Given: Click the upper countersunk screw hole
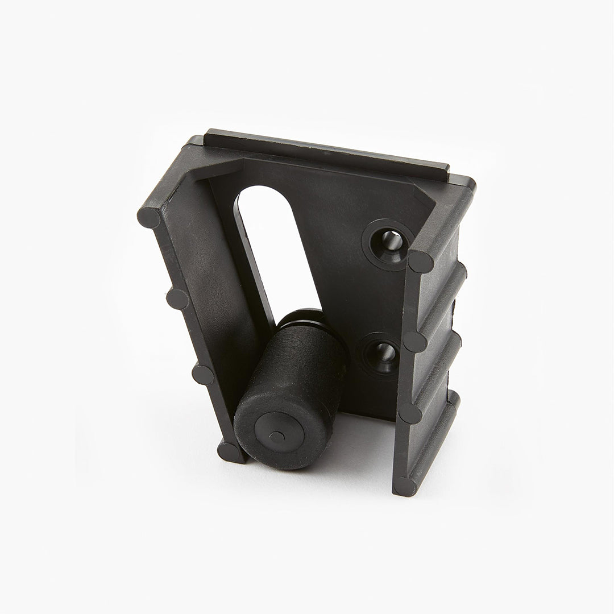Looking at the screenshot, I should coord(391,239).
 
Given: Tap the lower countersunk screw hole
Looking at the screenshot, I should coord(380,355).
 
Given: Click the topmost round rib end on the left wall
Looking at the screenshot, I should coord(149,218).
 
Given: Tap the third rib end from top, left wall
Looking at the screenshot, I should coord(203,374).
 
